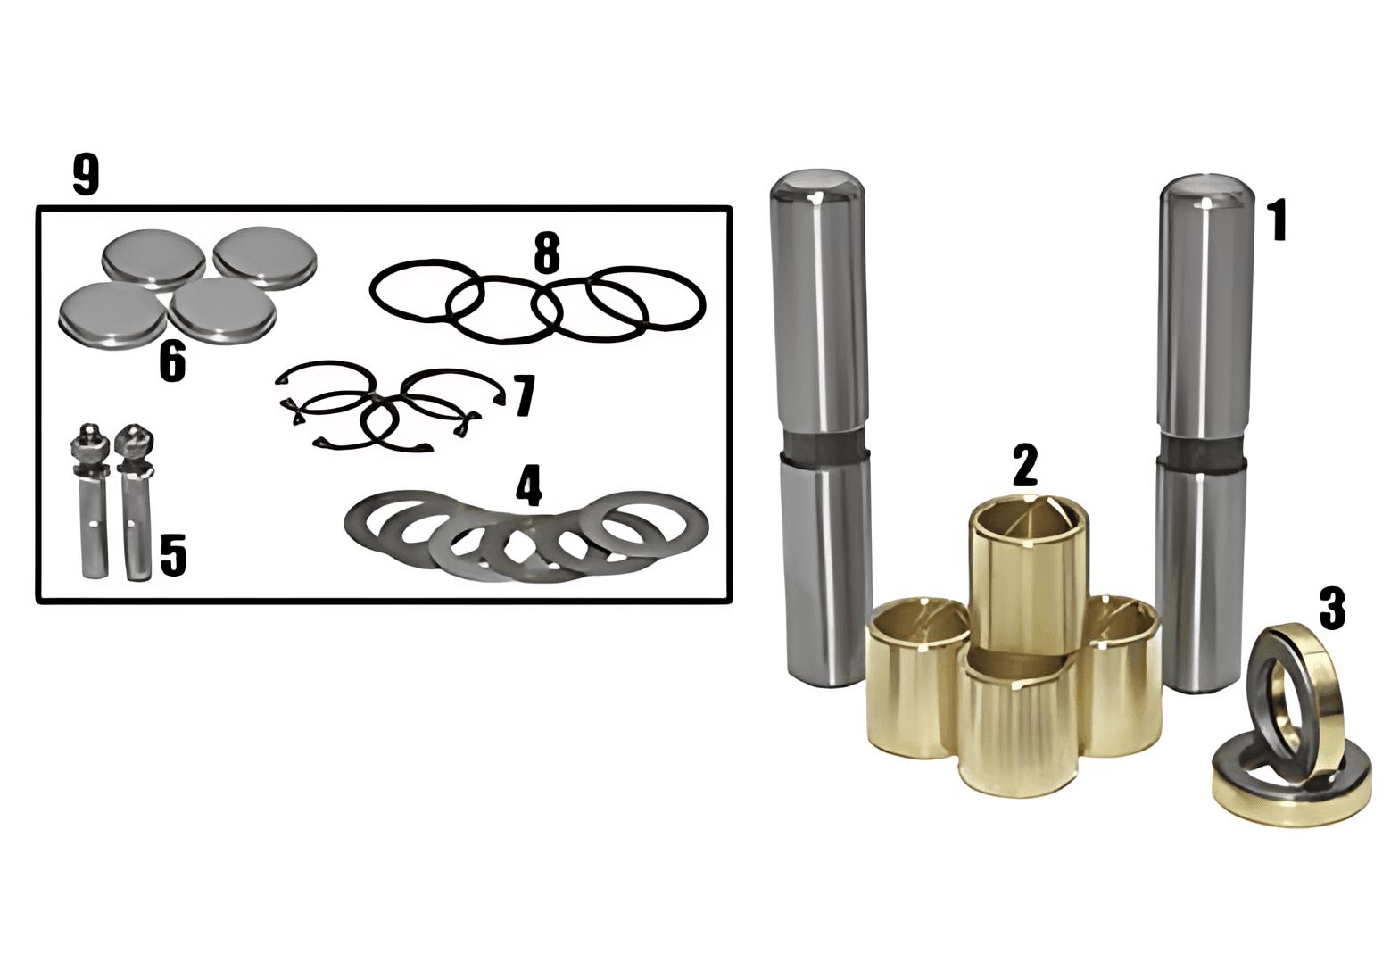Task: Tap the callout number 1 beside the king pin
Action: click(1278, 220)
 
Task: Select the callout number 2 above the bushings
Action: click(1024, 465)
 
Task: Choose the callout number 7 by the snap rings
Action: click(524, 394)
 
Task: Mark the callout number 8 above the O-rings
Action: click(547, 253)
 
